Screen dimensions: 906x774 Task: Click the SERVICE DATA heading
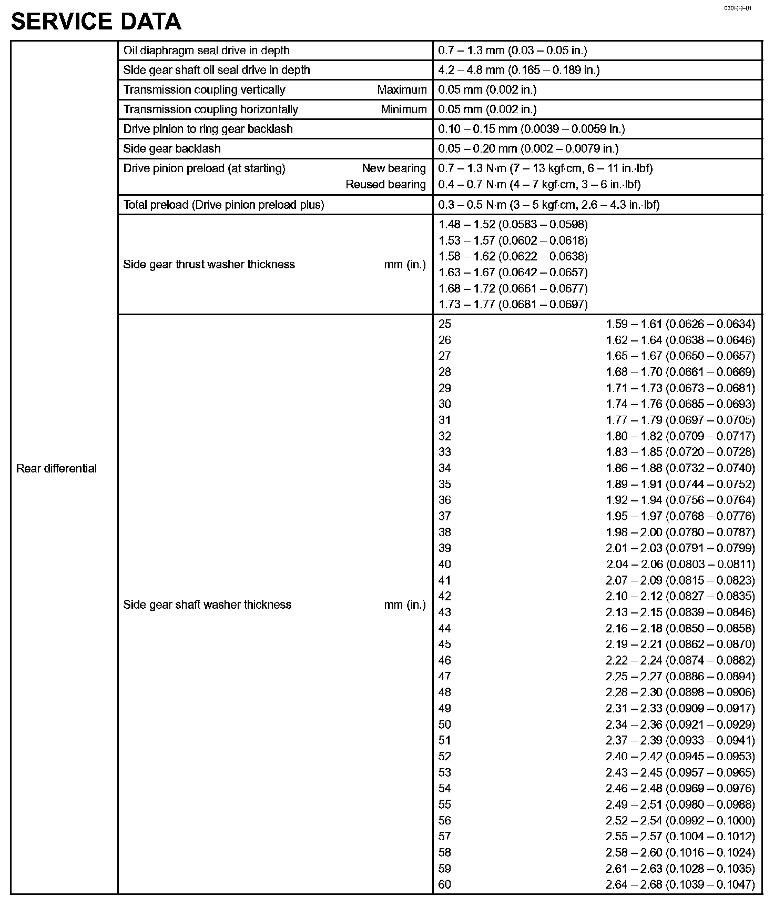click(96, 22)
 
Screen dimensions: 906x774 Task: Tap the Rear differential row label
click(56, 469)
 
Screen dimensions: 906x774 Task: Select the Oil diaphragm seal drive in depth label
click(206, 51)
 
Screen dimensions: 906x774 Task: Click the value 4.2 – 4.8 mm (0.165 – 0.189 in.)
click(518, 70)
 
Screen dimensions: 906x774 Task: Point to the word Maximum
click(402, 90)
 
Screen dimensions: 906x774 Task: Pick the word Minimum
click(404, 109)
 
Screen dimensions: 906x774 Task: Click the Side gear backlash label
click(172, 149)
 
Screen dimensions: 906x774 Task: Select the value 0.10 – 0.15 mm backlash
click(531, 129)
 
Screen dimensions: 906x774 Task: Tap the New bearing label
click(393, 168)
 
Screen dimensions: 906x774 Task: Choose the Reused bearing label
click(385, 185)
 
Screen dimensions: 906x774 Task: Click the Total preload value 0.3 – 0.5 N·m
click(548, 205)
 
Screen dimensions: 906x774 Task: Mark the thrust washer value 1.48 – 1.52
click(513, 225)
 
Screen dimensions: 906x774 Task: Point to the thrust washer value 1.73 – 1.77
click(513, 305)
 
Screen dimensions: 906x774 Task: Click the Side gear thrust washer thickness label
click(209, 265)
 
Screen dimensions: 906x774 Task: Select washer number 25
click(445, 324)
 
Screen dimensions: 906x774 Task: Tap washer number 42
click(445, 596)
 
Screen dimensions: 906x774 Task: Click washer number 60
click(445, 884)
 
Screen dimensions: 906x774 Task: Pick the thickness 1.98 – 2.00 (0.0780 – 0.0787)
click(680, 532)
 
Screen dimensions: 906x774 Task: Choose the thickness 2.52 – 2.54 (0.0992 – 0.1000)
click(680, 821)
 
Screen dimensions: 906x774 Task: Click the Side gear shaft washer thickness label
click(207, 605)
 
